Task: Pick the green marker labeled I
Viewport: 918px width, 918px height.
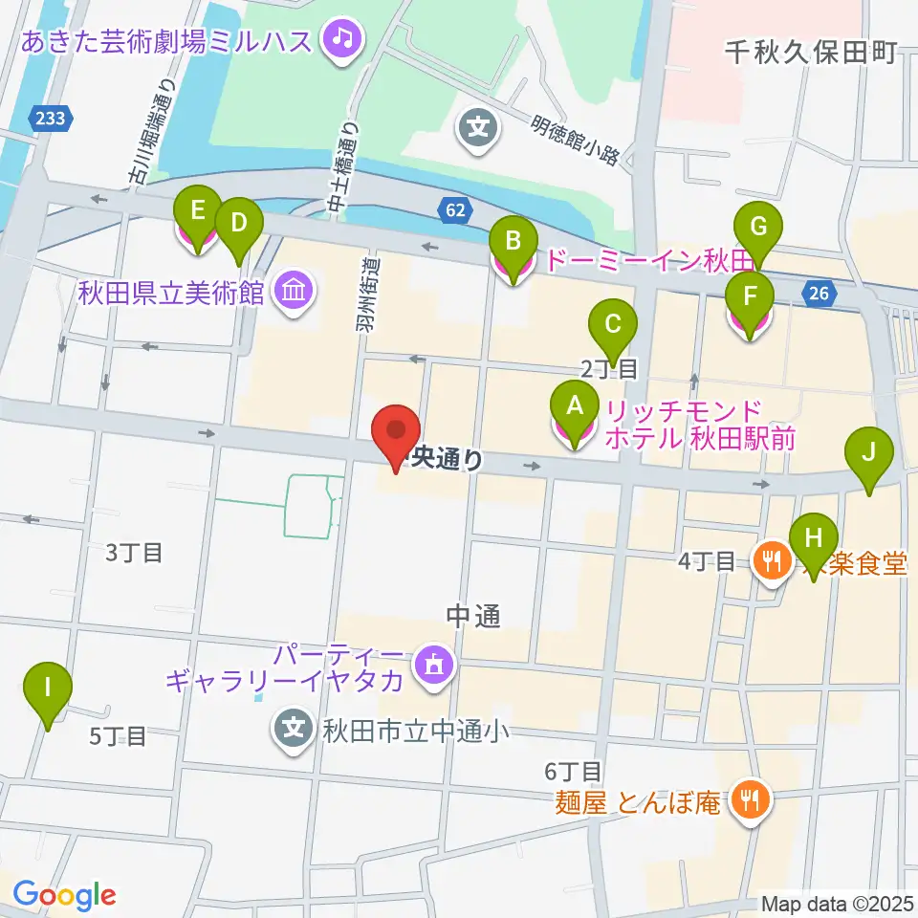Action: [48, 687]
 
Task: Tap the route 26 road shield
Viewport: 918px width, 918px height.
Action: [819, 294]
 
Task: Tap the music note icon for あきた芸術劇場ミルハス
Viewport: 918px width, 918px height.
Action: [340, 39]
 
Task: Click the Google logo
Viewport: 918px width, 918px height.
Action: [63, 895]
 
